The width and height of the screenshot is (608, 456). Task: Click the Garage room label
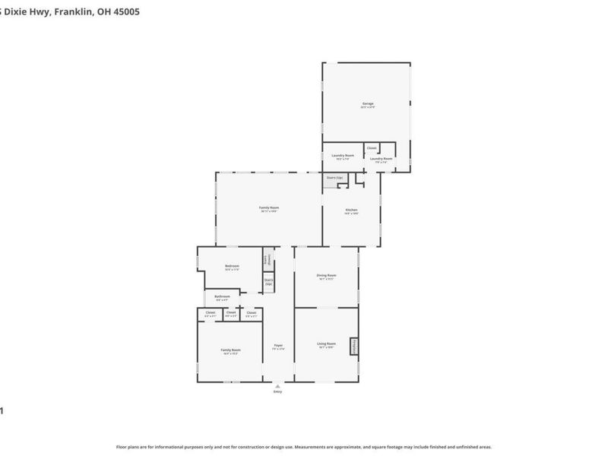(x=367, y=104)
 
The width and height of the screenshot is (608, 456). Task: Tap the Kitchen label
(x=351, y=210)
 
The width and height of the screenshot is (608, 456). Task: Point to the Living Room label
(x=326, y=344)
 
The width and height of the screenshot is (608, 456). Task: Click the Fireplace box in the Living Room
(x=353, y=346)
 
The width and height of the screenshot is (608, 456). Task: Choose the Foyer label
(x=278, y=346)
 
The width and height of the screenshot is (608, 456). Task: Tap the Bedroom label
(x=232, y=265)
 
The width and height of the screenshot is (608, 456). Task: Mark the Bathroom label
(x=222, y=296)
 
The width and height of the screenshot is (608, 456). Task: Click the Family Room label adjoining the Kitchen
(x=269, y=207)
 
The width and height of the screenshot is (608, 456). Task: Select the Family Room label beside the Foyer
(x=230, y=350)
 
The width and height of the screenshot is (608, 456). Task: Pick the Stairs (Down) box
(x=268, y=259)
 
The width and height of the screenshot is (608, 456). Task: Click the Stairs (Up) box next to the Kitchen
(x=334, y=178)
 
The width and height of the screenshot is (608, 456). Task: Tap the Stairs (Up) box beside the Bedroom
(x=268, y=282)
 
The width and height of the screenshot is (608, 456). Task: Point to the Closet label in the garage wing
(x=372, y=148)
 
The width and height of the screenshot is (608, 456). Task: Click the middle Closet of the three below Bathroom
(x=231, y=312)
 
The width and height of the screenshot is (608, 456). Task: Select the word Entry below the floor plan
(x=277, y=391)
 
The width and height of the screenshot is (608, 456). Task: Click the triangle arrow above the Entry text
(x=277, y=385)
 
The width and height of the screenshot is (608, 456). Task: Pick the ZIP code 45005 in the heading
(x=124, y=12)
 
